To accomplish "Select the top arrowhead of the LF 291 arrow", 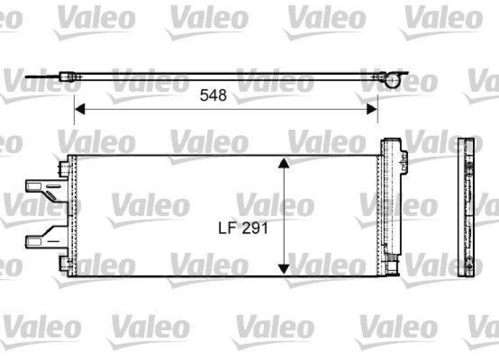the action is point(283,163).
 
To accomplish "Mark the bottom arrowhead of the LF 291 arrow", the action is point(283,268).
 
